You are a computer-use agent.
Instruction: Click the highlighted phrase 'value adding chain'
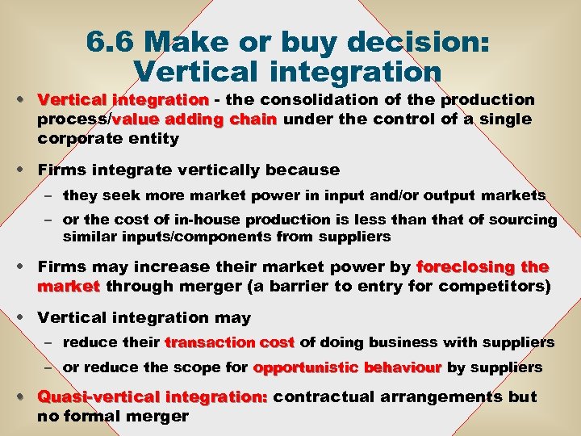tap(194, 119)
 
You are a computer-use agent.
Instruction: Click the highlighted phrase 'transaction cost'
tap(230, 342)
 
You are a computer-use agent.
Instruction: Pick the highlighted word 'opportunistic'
tap(307, 367)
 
